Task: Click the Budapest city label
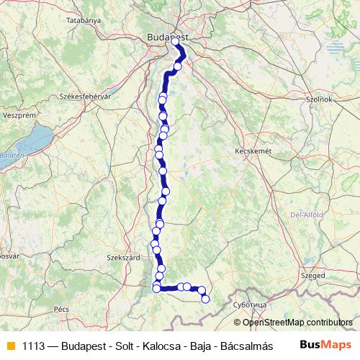(x=167, y=36)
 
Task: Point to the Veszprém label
(x=19, y=114)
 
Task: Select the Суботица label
(x=251, y=305)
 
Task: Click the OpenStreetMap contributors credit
(x=297, y=322)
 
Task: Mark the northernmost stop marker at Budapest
(x=175, y=41)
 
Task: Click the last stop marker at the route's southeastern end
(x=205, y=299)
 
